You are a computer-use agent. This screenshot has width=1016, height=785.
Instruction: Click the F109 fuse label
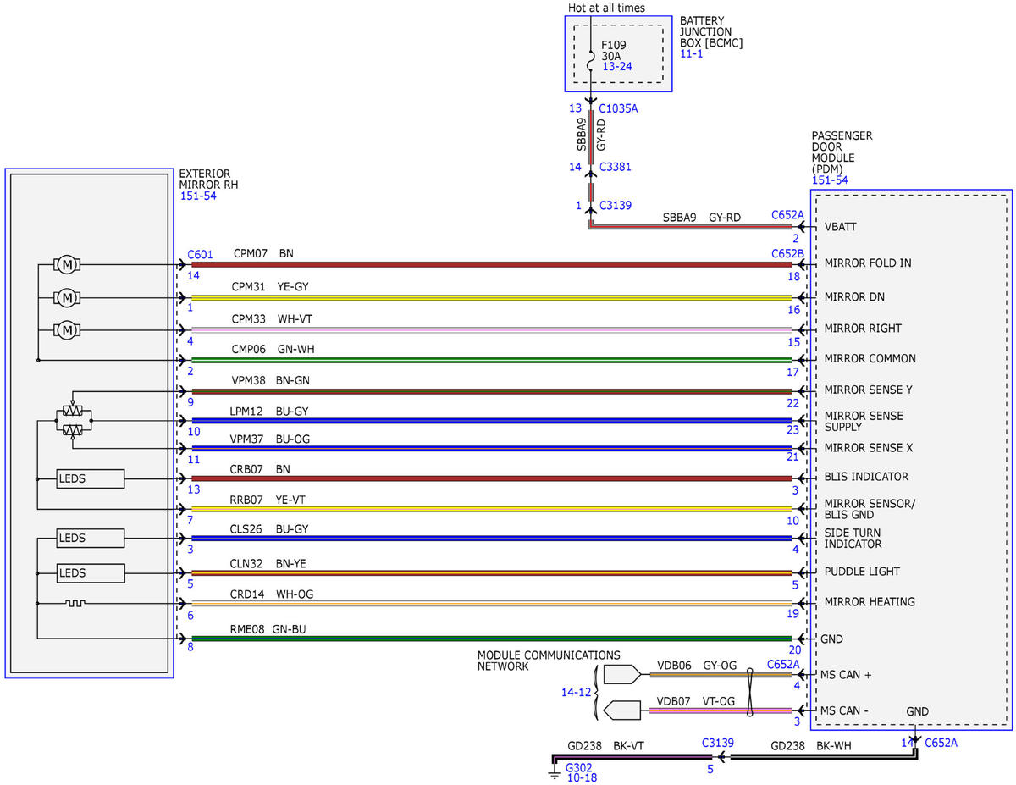coord(613,45)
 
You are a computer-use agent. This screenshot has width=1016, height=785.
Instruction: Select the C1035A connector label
coord(617,108)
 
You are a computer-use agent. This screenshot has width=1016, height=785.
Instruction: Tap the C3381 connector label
coord(615,167)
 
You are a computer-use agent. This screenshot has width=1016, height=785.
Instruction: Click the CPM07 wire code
coord(250,253)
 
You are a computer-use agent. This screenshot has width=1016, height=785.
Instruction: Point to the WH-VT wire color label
coord(295,319)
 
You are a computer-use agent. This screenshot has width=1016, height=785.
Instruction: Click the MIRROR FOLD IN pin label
coord(867,263)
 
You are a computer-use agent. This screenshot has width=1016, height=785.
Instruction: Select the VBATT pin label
coord(840,227)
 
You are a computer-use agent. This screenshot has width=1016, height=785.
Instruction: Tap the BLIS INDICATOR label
coord(866,477)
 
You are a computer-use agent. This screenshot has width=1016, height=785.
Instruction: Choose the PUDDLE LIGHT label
coord(862,572)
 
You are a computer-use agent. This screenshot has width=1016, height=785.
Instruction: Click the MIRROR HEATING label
coord(870,602)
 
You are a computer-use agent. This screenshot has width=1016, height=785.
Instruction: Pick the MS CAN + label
coord(846,675)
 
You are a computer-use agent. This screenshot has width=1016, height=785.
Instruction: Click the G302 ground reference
coord(578,768)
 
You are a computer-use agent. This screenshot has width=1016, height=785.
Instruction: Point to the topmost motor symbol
coord(67,265)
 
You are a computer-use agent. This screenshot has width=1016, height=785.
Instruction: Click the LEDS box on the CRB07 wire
coord(91,478)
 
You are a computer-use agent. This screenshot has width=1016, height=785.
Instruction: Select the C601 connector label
coord(200,255)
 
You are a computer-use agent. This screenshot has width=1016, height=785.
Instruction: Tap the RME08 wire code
coord(247,629)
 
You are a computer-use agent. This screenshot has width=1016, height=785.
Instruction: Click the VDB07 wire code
coord(673,701)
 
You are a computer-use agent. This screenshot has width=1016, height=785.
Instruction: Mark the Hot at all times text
coord(606,8)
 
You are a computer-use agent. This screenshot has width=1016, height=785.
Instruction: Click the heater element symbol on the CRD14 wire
coord(75,604)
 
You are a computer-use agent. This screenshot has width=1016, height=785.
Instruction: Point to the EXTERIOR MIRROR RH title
coord(208,179)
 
